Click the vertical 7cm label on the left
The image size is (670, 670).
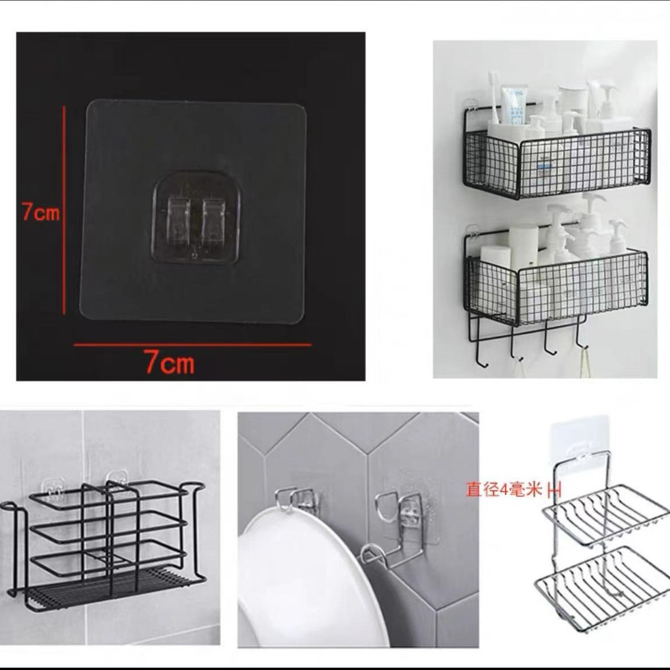40,212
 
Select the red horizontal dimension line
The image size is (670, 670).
192,345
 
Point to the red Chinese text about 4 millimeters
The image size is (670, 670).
504,490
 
